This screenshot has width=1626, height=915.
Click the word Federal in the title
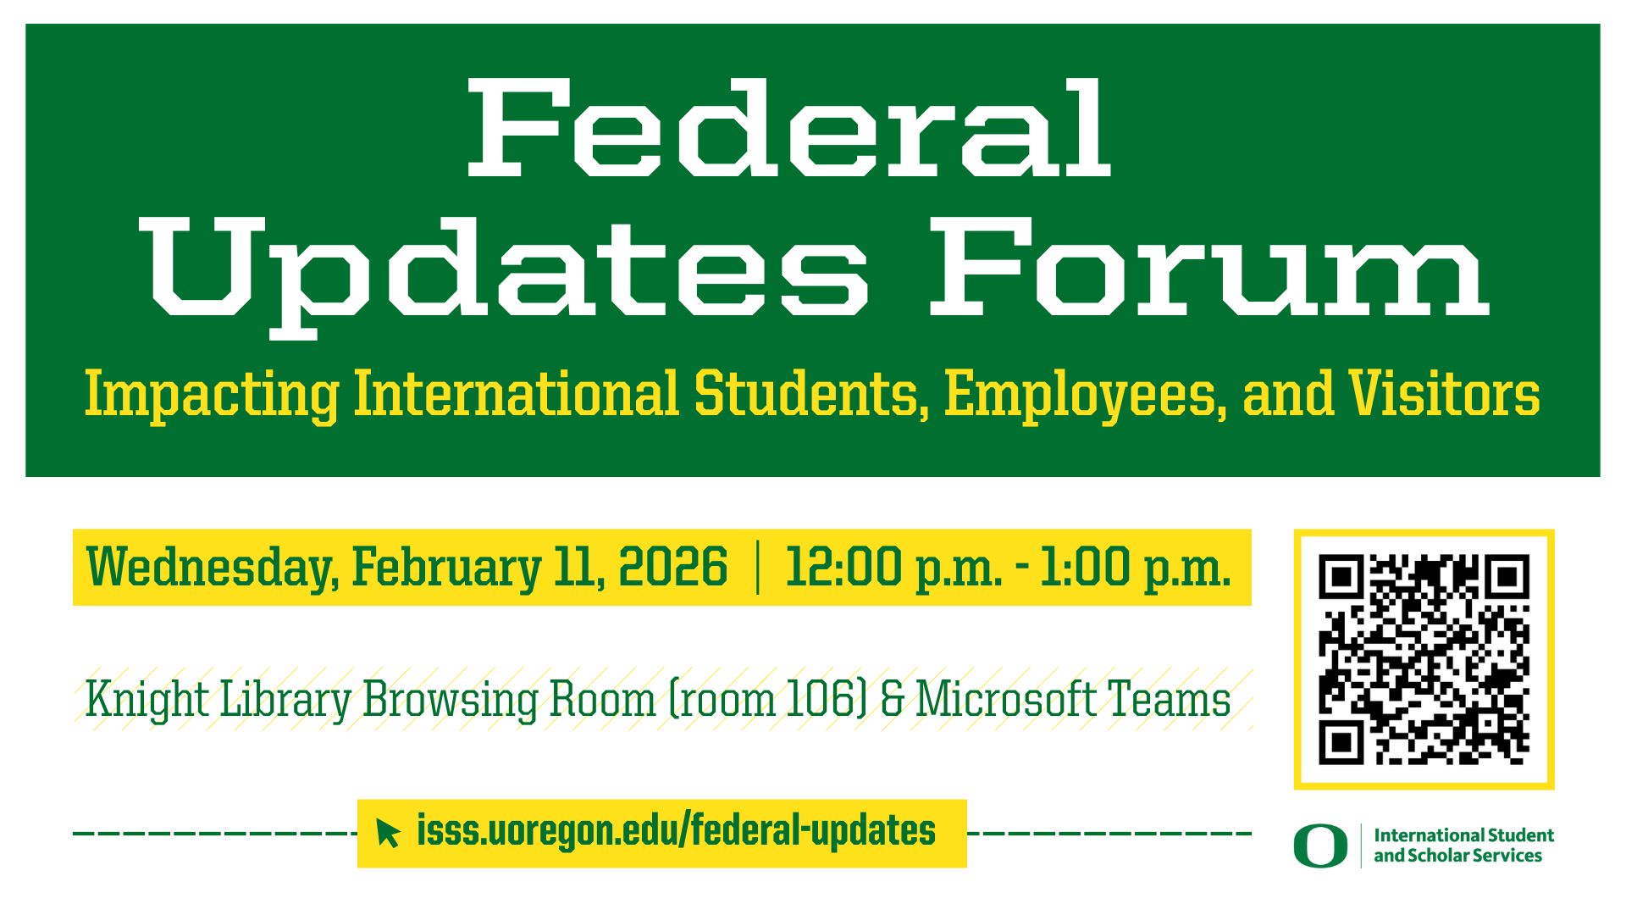[789, 129]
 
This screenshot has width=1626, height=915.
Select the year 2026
[673, 567]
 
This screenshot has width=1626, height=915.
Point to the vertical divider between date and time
[757, 568]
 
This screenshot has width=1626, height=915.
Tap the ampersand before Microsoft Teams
[893, 701]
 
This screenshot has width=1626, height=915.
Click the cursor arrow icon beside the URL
[388, 833]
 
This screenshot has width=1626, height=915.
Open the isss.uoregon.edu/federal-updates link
[676, 831]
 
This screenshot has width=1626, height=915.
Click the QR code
[1424, 659]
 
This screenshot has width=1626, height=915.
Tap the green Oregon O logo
[1319, 846]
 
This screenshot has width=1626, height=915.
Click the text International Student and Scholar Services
[1463, 846]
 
